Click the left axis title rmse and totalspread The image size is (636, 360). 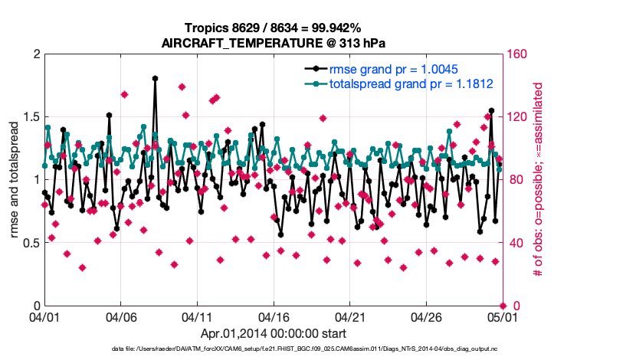tap(15, 180)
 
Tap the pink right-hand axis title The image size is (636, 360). tap(538, 180)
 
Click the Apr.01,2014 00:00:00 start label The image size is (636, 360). tap(274, 334)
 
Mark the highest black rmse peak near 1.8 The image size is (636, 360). tap(155, 78)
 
